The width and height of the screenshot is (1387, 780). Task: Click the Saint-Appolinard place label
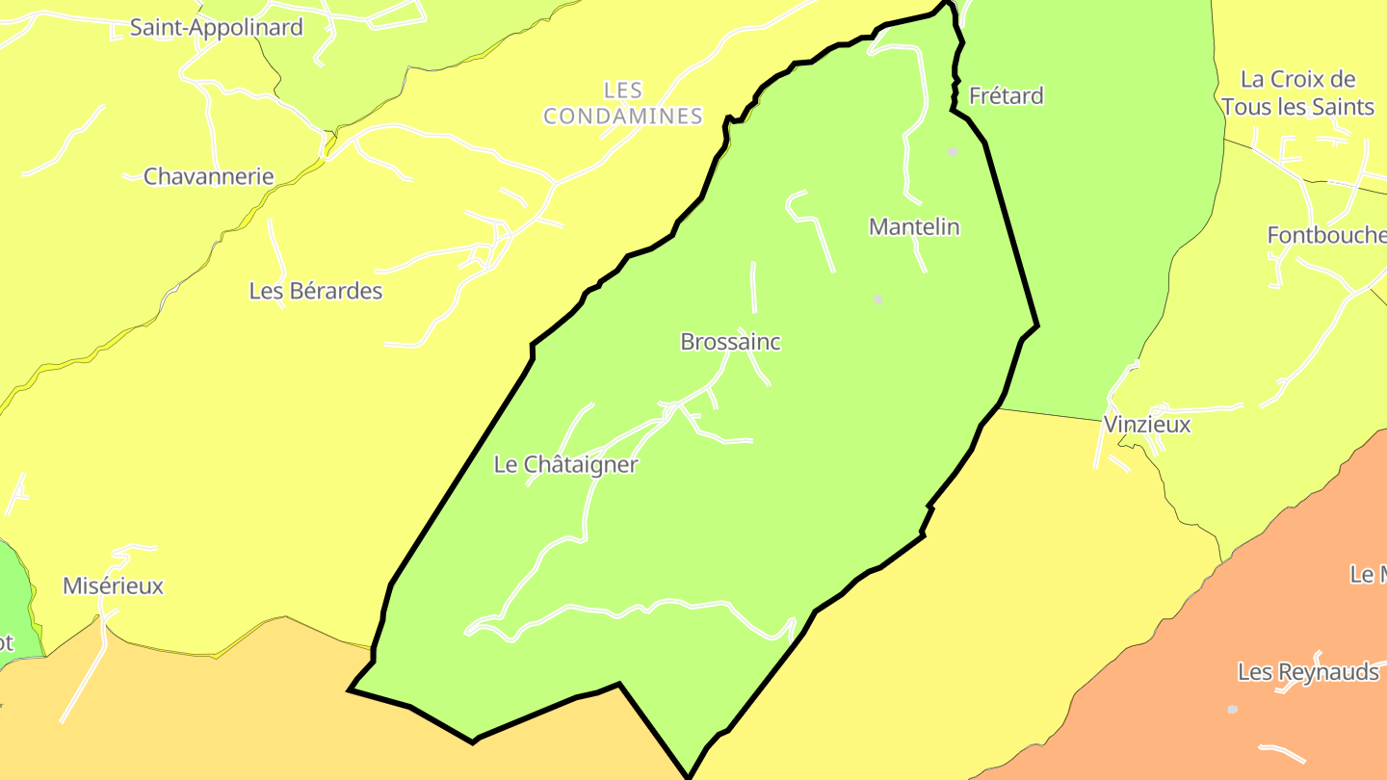216,27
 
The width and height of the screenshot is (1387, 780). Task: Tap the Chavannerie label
208,176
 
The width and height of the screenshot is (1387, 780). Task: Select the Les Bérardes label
315,290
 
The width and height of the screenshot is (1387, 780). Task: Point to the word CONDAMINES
623,117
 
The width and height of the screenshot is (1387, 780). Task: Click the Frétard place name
1006,95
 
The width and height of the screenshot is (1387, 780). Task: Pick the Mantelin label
914,226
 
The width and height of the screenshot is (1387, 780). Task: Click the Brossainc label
730,341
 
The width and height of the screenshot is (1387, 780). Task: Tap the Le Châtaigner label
565,464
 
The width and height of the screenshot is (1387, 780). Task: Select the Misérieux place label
113,585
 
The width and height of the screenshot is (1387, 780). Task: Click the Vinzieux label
1146,424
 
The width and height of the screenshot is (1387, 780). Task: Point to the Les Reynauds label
1308,671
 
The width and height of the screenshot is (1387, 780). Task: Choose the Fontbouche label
1325,235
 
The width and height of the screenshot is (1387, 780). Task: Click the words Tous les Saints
1297,107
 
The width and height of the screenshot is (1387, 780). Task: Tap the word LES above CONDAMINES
622,91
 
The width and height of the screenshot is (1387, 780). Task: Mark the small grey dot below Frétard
953,152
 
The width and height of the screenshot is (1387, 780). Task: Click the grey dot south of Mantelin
877,299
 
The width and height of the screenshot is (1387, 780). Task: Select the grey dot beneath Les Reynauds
1232,710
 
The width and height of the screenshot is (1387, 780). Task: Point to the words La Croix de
1297,79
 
